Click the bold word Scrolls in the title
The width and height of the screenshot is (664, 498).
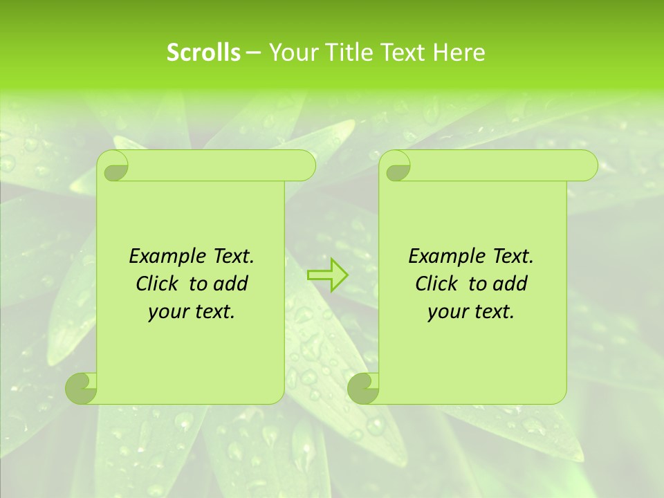tap(203, 53)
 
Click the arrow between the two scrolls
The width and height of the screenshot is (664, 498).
tap(327, 275)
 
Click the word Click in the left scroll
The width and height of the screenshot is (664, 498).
tap(156, 284)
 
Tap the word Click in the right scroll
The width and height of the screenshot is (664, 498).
tap(436, 284)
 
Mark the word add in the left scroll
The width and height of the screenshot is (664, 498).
tap(232, 284)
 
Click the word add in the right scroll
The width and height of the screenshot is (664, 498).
tap(511, 284)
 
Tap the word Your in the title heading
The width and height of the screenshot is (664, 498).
tap(291, 53)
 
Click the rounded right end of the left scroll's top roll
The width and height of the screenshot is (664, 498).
tap(304, 166)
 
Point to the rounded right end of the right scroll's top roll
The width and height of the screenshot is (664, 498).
tap(587, 166)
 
